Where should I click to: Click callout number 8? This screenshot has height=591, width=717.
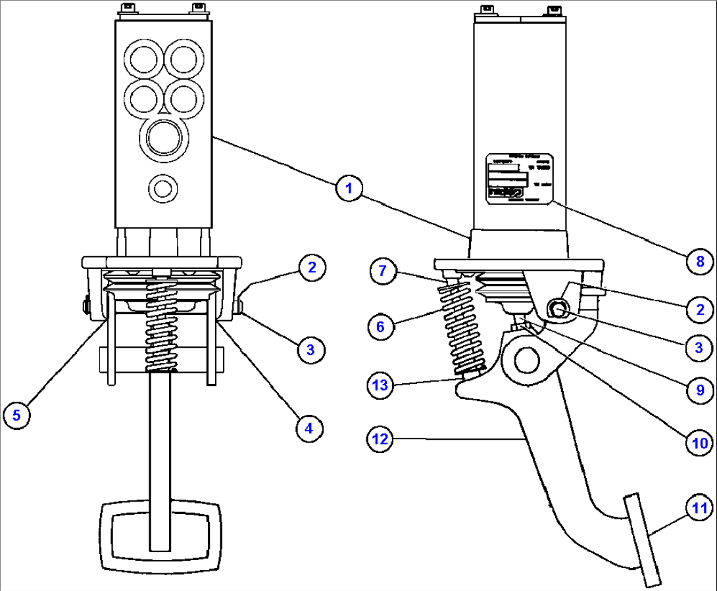pyautogui.click(x=700, y=262)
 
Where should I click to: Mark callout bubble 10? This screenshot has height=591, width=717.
pyautogui.click(x=700, y=442)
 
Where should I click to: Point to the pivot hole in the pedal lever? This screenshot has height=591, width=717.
pyautogui.click(x=526, y=360)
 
